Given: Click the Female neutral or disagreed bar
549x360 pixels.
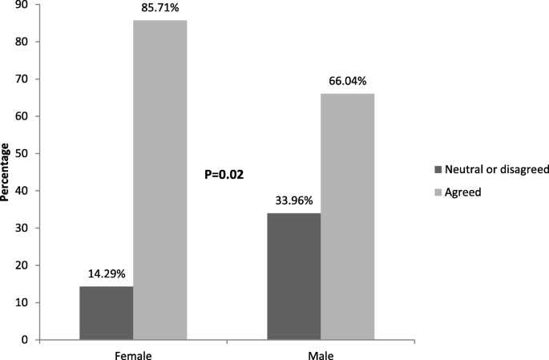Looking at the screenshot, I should (107, 313).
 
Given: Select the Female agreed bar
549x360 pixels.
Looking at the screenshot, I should (160, 180).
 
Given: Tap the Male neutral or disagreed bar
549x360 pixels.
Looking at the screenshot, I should (293, 277).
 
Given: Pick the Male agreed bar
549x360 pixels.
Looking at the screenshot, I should (347, 216).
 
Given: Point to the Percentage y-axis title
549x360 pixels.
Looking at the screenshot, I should (6, 172).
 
